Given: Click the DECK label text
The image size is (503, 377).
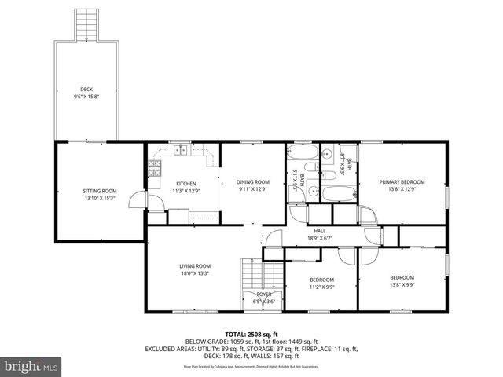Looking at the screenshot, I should click(86, 89).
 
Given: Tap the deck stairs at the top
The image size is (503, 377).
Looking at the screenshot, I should click(86, 27).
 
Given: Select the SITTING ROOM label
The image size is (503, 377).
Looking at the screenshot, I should click(100, 191).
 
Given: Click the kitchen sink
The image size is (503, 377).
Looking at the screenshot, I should click(181, 148).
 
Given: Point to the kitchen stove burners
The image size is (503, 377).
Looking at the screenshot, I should click(154, 167).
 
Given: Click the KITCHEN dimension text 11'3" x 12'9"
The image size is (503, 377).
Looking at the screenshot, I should click(187, 191).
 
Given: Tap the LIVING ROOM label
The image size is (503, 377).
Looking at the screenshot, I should click(195, 266).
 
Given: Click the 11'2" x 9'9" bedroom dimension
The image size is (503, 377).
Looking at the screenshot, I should click(321, 287).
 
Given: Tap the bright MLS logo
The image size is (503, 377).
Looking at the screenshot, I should click(31, 366).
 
